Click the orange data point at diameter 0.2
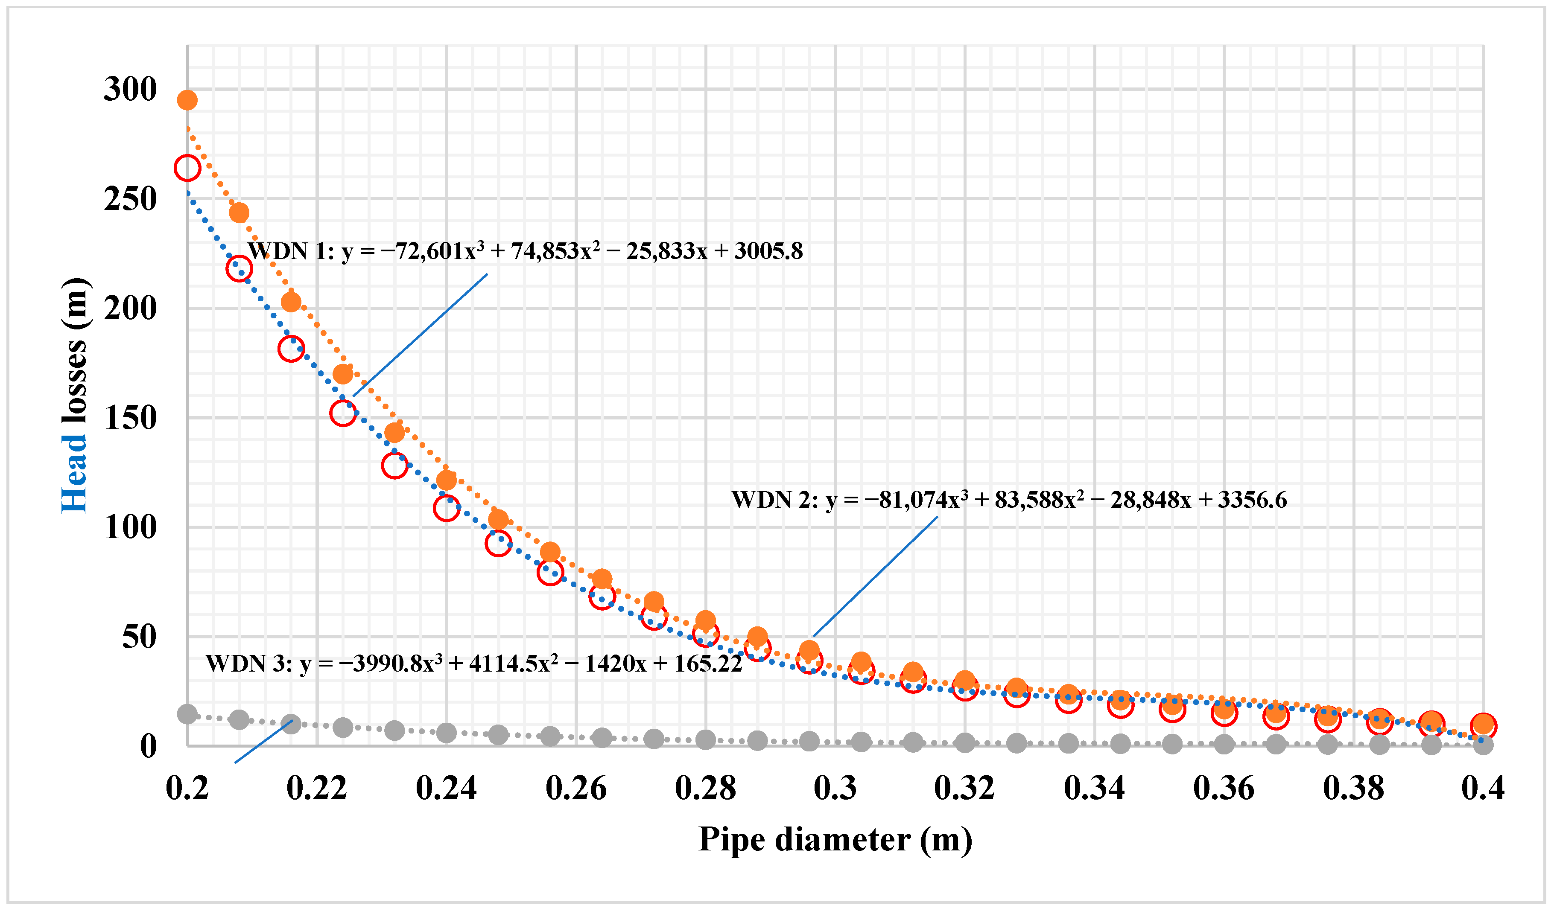pos(187,100)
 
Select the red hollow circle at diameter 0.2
pos(187,168)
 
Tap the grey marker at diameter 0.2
pos(187,714)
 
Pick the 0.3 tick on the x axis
pos(835,788)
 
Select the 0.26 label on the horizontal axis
pos(576,788)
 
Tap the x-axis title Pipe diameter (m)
pos(835,840)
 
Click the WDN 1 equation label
pos(525,251)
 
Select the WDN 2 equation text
pos(1009,500)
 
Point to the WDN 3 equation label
pos(473,664)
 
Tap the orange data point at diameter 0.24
pos(446,480)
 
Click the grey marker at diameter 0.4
pos(1483,745)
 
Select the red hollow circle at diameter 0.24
pos(446,508)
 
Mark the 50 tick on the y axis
pos(139,637)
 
